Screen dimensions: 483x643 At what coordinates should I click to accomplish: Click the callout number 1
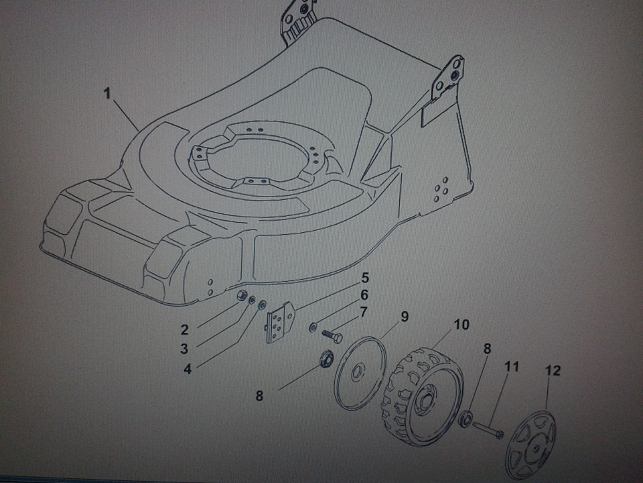106,94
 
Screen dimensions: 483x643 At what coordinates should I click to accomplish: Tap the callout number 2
184,329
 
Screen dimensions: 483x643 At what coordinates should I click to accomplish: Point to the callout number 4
188,368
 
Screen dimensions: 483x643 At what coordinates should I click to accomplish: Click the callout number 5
365,278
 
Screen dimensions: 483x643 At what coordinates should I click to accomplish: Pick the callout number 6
364,295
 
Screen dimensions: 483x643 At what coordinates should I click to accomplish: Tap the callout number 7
363,312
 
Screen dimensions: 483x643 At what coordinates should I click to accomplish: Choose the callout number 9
405,317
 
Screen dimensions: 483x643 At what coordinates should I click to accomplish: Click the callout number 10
461,325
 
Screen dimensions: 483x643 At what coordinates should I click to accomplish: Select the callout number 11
511,367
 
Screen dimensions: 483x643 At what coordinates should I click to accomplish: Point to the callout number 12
553,370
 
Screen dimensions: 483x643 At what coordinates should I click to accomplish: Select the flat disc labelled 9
361,373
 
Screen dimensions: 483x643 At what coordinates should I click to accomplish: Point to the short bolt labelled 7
332,334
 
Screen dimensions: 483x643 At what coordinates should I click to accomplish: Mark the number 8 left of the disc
259,396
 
